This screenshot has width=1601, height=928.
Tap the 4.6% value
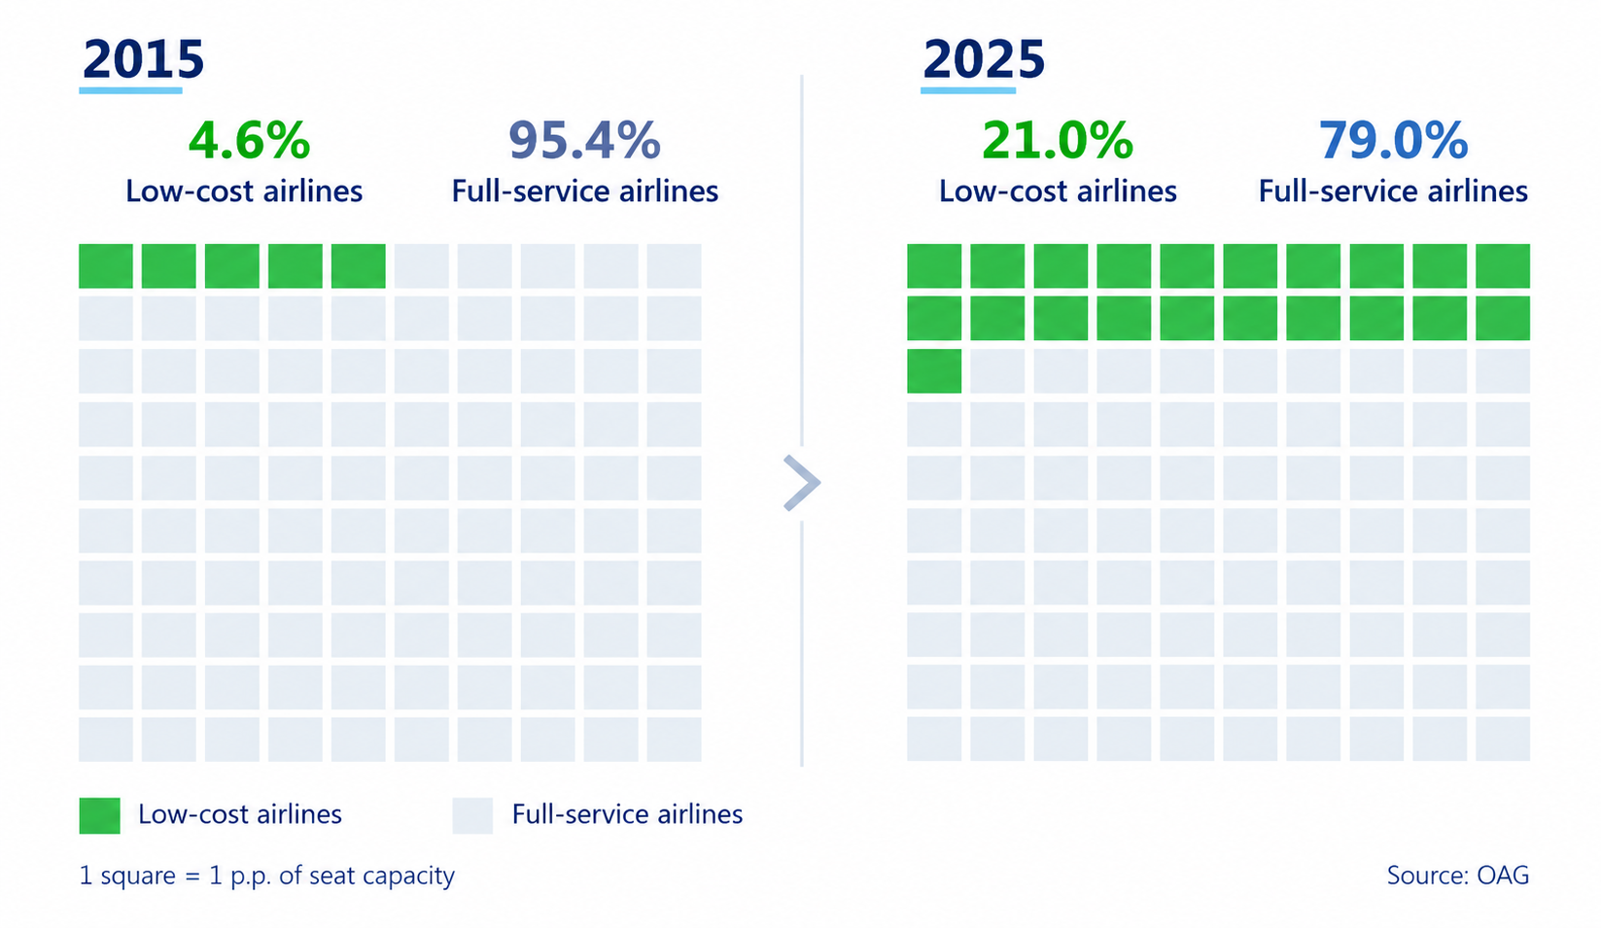250,140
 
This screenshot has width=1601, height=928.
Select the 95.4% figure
584,140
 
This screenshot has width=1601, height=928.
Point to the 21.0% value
1058,140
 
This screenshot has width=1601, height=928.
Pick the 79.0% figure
1393,140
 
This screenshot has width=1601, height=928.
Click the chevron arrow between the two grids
802,483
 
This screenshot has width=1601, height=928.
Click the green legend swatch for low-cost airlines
99,816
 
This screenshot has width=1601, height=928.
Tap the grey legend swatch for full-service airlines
472,816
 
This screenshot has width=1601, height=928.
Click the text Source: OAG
1458,876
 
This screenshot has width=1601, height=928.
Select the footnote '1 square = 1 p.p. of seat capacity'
266,876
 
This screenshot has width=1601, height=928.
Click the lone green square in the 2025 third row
934,371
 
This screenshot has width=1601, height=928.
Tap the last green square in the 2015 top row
358,265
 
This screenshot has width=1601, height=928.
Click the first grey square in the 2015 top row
422,265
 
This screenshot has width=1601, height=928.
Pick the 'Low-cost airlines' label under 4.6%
244,191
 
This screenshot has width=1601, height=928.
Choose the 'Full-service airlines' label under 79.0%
1393,191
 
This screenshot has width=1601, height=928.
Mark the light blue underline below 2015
131,90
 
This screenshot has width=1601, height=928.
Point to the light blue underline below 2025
968,90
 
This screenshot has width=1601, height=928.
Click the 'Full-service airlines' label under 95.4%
584,191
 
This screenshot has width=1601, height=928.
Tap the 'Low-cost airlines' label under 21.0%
1058,191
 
